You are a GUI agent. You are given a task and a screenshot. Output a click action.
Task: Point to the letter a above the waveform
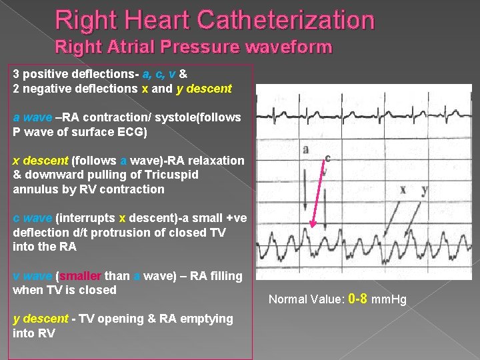click(x=305, y=149)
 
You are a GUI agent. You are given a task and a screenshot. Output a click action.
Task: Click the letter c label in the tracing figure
click(x=327, y=158)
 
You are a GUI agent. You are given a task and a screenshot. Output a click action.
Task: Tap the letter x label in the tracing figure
click(x=402, y=189)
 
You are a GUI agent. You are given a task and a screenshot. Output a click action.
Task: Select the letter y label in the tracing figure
click(x=425, y=189)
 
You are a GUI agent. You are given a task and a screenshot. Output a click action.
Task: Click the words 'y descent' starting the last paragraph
click(x=39, y=319)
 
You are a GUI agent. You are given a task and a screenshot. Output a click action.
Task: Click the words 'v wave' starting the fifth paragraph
click(x=32, y=275)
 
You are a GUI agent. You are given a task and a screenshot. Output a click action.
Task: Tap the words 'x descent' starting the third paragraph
click(x=40, y=161)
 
